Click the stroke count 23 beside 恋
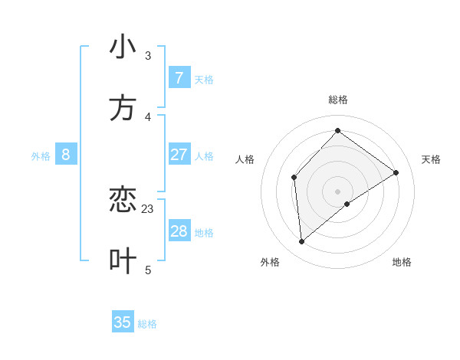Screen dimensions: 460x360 pyautogui.click(x=148, y=208)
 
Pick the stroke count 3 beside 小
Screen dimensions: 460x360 pyautogui.click(x=148, y=55)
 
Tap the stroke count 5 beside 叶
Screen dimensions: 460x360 pyautogui.click(x=148, y=269)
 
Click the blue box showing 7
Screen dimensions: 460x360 pyautogui.click(x=179, y=78)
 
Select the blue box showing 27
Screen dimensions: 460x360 pyautogui.click(x=179, y=155)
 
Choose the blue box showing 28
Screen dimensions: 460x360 pyautogui.click(x=179, y=231)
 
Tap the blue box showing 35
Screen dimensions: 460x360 pyautogui.click(x=123, y=322)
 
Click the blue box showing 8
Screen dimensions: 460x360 pyautogui.click(x=66, y=155)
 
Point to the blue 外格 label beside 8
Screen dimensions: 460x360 pyautogui.click(x=41, y=156)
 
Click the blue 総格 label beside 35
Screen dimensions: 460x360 pyautogui.click(x=147, y=324)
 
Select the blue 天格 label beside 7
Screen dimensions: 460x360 pyautogui.click(x=204, y=80)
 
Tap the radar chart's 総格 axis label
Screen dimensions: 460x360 pyautogui.click(x=338, y=100)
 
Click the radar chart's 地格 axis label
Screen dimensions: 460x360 pyautogui.click(x=402, y=262)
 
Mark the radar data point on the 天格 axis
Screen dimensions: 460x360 pyautogui.click(x=396, y=173)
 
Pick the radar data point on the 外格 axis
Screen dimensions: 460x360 pyautogui.click(x=302, y=241)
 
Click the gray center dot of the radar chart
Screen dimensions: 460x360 pyautogui.click(x=337, y=191)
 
